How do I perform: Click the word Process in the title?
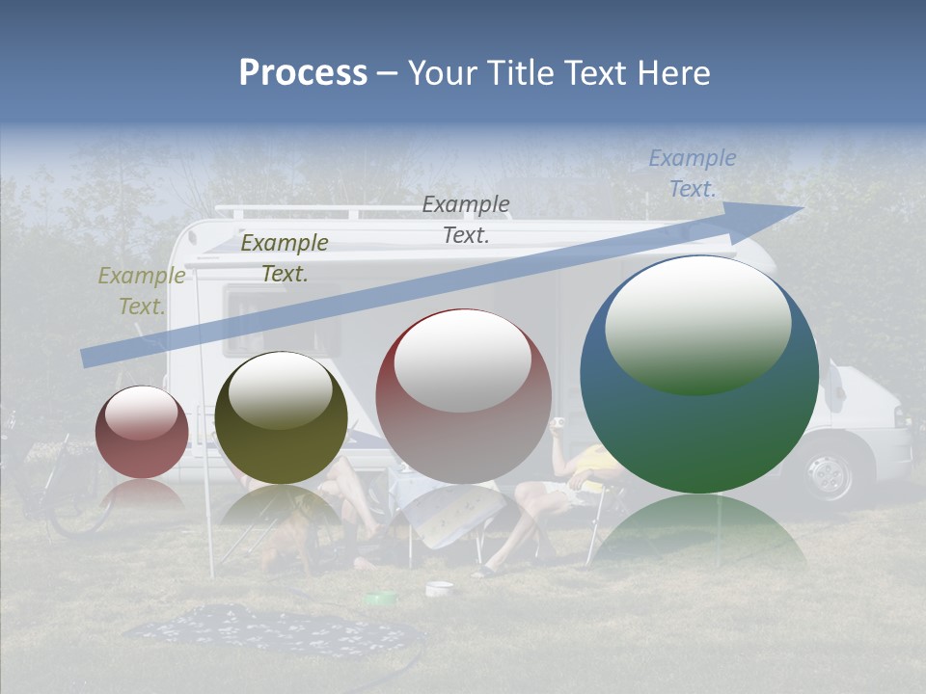[x=303, y=73]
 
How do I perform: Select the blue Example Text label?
[x=692, y=173]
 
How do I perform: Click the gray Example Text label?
[x=466, y=219]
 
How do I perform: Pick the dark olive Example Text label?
[x=284, y=258]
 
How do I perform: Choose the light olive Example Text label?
[x=142, y=291]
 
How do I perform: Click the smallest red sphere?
[x=142, y=432]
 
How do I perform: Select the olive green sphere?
[x=281, y=417]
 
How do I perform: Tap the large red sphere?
[x=463, y=396]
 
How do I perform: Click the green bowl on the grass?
[x=380, y=599]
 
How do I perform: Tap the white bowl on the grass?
[x=439, y=587]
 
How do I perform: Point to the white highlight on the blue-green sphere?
[x=697, y=323]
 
